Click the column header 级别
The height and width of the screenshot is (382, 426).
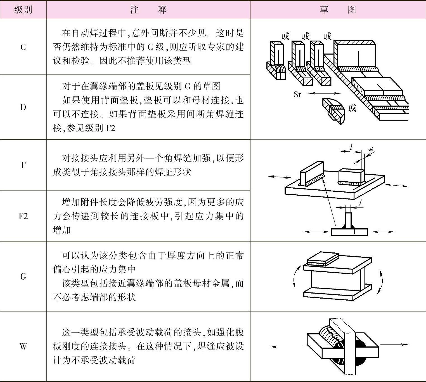[23, 10]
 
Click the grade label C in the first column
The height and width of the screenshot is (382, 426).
[23, 47]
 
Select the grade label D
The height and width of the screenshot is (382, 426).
[23, 107]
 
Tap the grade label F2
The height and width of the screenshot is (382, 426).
[23, 216]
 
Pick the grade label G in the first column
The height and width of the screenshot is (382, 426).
[23, 277]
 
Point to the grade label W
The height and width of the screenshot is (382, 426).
[23, 346]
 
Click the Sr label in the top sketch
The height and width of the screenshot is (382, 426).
[297, 95]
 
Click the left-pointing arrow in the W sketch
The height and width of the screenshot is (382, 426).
[287, 347]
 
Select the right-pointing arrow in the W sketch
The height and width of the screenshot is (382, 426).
[394, 344]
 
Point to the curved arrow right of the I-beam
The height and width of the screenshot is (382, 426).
[381, 281]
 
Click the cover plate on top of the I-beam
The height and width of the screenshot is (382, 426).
[323, 259]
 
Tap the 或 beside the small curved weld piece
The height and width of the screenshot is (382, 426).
[352, 108]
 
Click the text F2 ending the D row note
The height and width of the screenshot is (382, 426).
[110, 128]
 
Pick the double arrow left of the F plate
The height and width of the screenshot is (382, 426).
[280, 177]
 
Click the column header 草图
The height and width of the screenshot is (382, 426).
[338, 10]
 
